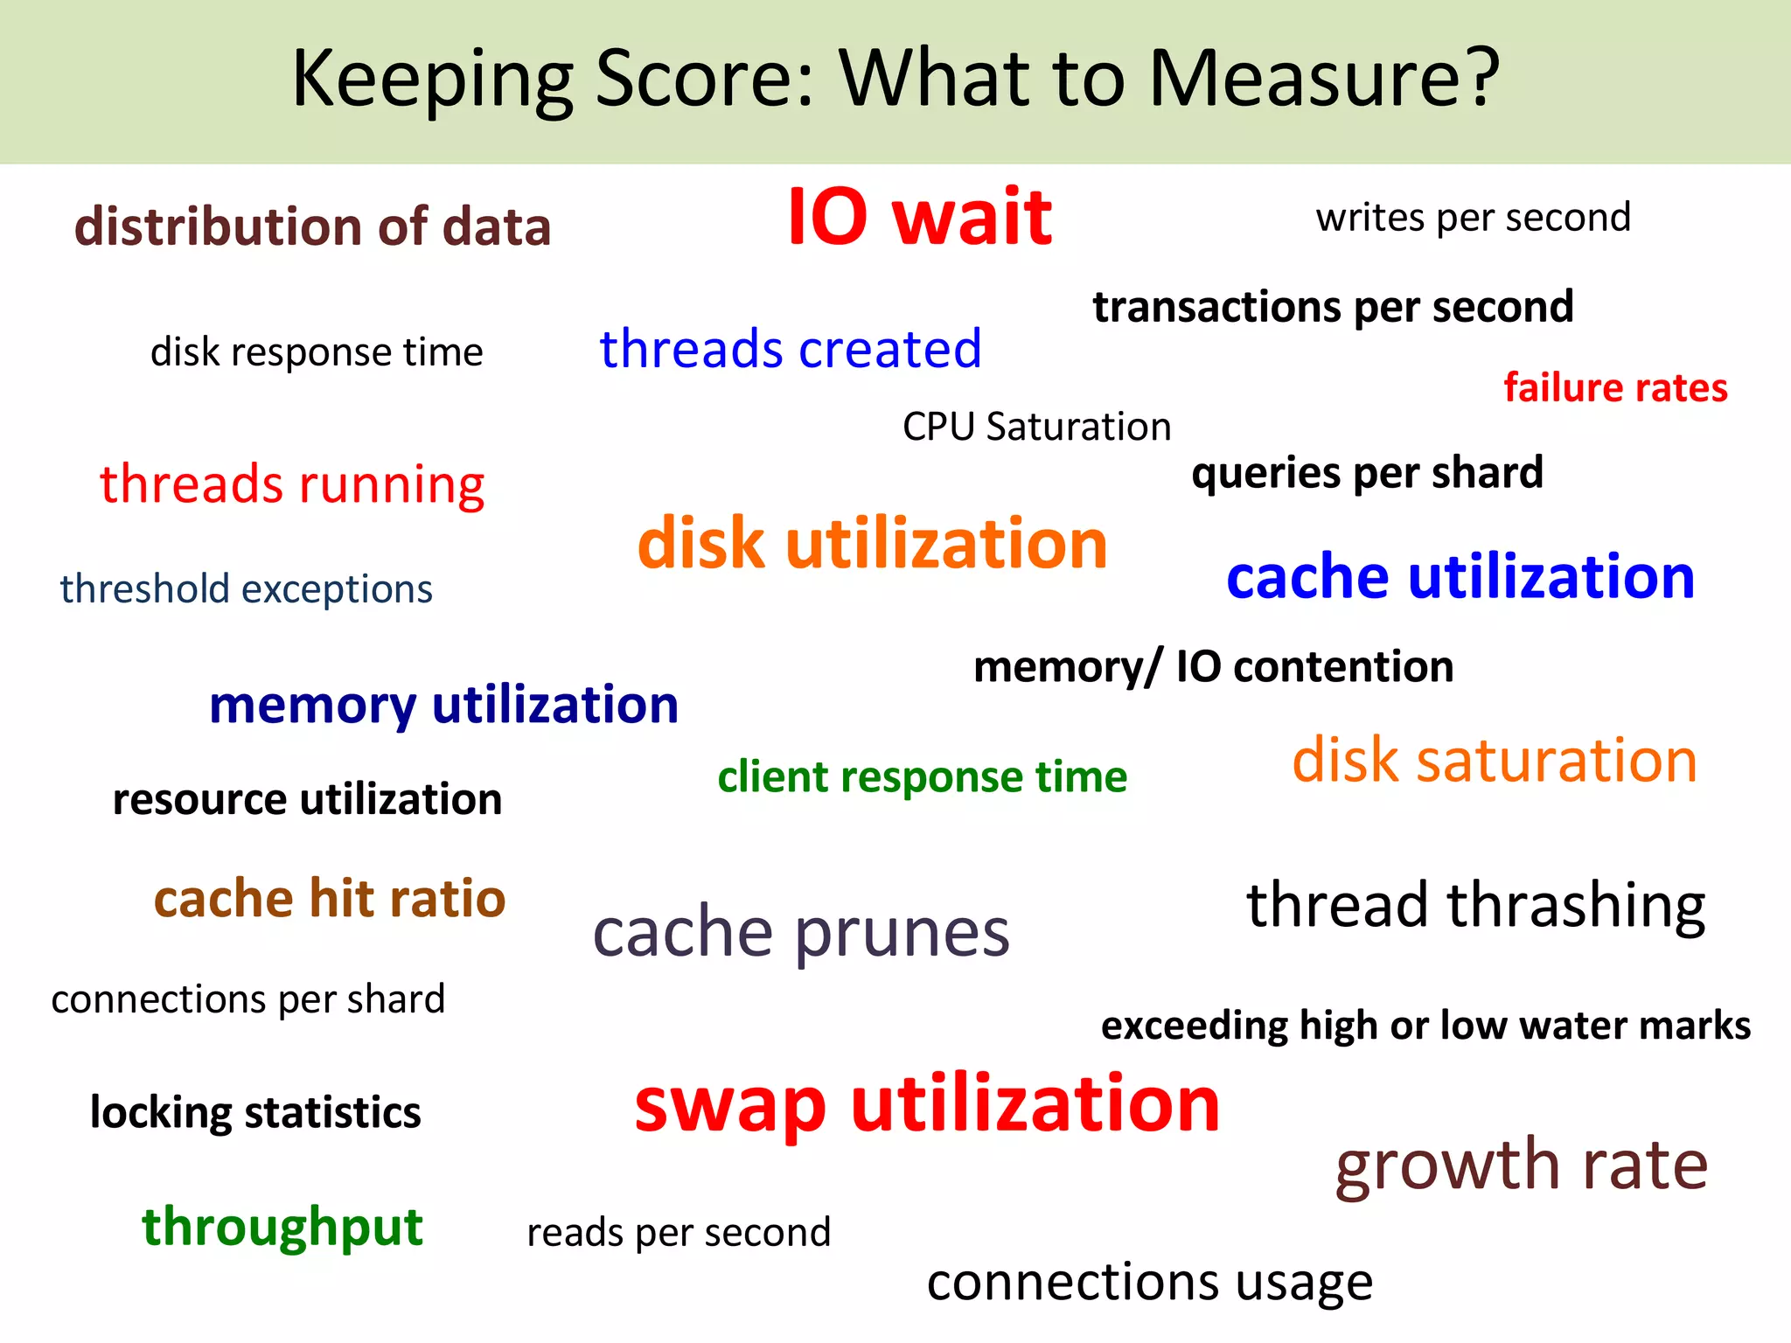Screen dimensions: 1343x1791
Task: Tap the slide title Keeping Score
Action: [895, 79]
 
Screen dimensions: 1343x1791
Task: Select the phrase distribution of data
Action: [312, 226]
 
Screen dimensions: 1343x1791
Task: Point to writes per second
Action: [1473, 217]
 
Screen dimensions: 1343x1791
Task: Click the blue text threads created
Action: [790, 349]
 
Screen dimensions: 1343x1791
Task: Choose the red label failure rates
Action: [1615, 387]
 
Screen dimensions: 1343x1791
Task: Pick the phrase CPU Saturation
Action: [1036, 427]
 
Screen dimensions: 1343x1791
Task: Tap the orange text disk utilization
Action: [872, 543]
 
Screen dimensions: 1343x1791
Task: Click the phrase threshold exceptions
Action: [246, 588]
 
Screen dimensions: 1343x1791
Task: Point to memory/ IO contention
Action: [1213, 667]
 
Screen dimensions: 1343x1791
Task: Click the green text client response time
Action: [922, 776]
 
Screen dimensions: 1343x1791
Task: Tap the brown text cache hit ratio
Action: [330, 899]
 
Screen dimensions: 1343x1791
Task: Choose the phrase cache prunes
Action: [801, 932]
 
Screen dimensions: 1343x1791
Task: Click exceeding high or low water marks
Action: [1425, 1026]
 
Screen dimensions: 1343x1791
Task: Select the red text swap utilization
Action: [926, 1104]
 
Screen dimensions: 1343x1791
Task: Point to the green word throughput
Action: [282, 1226]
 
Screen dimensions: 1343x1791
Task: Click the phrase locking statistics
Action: [255, 1112]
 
